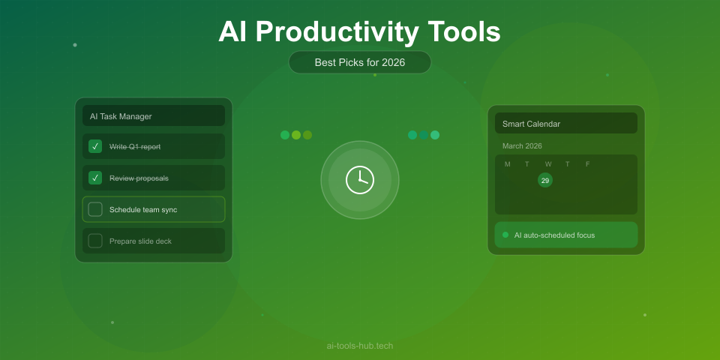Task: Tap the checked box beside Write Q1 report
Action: [x=95, y=146]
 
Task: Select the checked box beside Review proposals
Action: [x=95, y=178]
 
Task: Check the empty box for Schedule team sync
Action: [x=95, y=209]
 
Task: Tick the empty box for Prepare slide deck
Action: [x=95, y=241]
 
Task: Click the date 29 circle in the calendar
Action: [x=545, y=180]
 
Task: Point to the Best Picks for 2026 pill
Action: [x=360, y=62]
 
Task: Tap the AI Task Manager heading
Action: [x=121, y=116]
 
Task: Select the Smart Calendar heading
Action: [x=531, y=124]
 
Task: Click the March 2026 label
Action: [x=522, y=145]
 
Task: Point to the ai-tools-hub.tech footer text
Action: [x=360, y=346]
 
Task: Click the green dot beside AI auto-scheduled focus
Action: [x=505, y=235]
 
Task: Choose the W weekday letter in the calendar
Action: [x=548, y=164]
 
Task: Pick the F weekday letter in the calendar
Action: [x=588, y=164]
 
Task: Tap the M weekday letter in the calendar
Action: [x=508, y=164]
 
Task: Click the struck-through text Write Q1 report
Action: [x=135, y=146]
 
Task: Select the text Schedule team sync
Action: [x=143, y=209]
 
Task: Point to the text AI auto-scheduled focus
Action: [x=554, y=235]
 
